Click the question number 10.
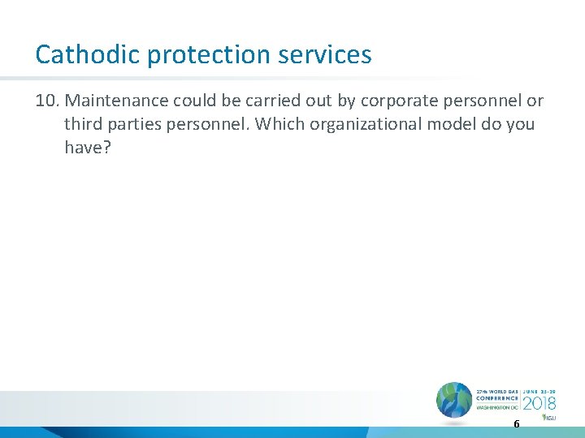[47, 101]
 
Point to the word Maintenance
[115, 101]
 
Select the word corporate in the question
[394, 101]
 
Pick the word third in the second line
[83, 124]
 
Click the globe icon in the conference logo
[453, 401]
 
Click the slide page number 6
[516, 424]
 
